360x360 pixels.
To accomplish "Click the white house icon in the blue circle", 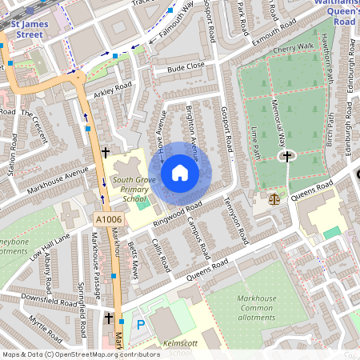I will pyautogui.click(x=180, y=173).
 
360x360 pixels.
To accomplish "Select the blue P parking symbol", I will pyautogui.click(x=142, y=325).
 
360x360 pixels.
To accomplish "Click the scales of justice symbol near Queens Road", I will pyautogui.click(x=277, y=196).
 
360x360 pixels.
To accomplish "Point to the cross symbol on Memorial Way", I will pyautogui.click(x=286, y=156).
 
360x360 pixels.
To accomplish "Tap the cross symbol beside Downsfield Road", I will pyautogui.click(x=109, y=318).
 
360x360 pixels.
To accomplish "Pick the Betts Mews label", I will pyautogui.click(x=134, y=265).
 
